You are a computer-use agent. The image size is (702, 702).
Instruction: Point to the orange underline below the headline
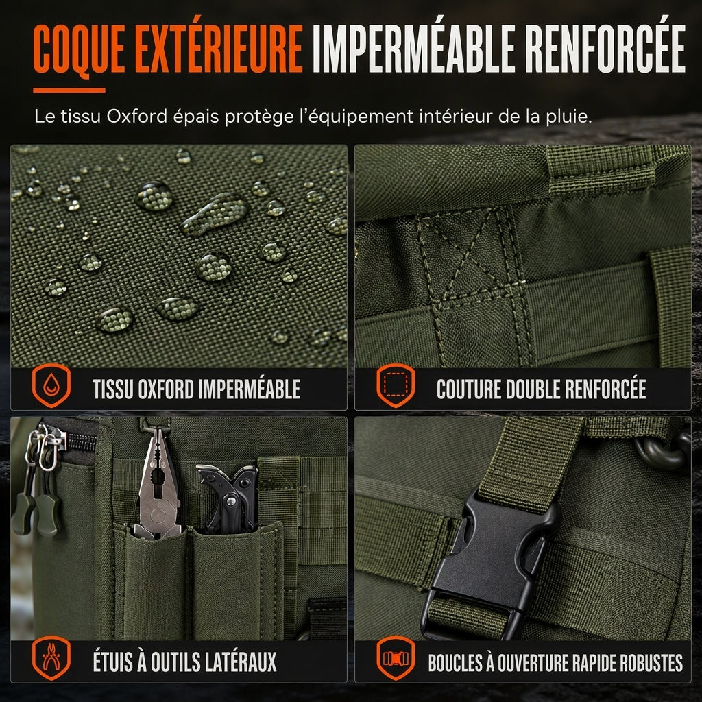click(69, 90)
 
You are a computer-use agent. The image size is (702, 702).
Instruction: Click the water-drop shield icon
click(51, 385)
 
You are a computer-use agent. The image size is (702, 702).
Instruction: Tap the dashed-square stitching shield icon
click(396, 385)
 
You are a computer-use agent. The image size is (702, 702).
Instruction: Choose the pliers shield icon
click(51, 657)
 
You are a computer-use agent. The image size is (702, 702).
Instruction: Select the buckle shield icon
click(396, 657)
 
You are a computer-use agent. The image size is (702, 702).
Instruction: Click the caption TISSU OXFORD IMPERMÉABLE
click(197, 389)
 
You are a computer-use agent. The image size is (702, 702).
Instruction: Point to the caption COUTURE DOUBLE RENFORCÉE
click(542, 389)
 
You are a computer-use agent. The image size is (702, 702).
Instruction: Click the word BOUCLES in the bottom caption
click(455, 663)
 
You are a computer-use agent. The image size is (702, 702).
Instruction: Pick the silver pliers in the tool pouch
click(158, 483)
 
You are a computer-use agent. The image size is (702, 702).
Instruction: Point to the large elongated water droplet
click(215, 214)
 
